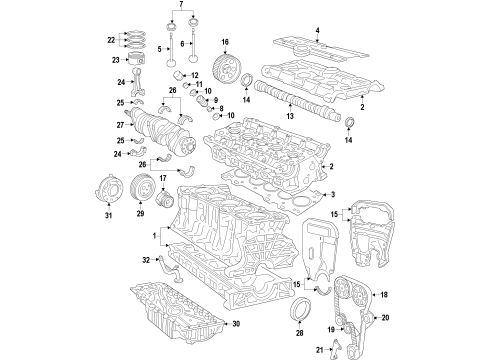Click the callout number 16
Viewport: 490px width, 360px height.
225,43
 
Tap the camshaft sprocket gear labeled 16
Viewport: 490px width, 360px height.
229,72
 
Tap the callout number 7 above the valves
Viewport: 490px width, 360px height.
181,6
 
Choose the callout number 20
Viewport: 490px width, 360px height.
385,317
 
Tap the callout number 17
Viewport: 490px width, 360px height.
163,179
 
